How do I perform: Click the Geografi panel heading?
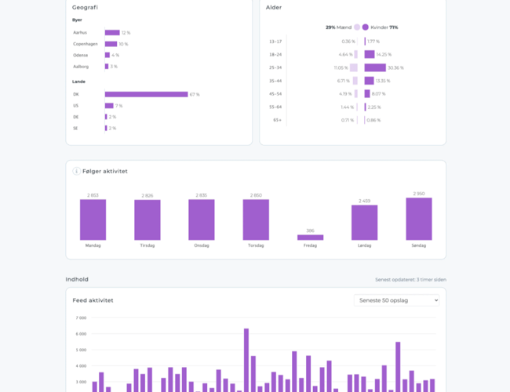[85, 7]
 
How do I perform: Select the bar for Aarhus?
[112, 33]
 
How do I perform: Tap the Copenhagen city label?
[86, 44]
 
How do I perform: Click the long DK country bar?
[146, 94]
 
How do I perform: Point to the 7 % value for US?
[119, 106]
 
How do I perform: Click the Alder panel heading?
[274, 7]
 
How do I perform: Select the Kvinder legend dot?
[365, 27]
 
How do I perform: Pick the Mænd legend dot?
[357, 27]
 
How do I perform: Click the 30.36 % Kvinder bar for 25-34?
[374, 68]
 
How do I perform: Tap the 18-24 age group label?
[275, 55]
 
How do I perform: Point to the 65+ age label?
[277, 121]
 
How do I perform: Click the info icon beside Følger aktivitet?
[77, 171]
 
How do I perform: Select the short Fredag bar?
[310, 237]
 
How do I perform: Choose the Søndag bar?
[418, 219]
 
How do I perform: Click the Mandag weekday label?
[93, 245]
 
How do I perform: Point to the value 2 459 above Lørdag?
[364, 201]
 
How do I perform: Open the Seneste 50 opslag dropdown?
[396, 300]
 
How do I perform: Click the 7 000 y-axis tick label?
[81, 318]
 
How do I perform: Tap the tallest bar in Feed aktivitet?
[246, 360]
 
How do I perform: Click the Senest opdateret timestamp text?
[410, 279]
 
